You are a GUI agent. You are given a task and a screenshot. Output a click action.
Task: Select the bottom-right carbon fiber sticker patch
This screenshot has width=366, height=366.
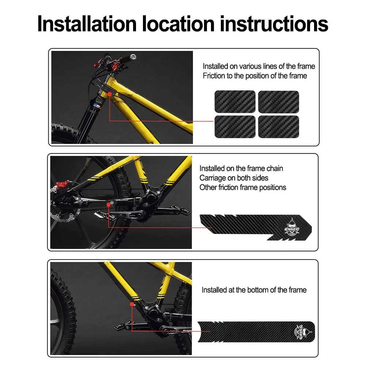(x=279, y=126)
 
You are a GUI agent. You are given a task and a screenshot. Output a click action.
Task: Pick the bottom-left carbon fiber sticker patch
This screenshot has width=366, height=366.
(x=234, y=126)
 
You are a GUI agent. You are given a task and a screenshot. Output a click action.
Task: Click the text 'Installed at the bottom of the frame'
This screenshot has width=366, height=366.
(x=254, y=290)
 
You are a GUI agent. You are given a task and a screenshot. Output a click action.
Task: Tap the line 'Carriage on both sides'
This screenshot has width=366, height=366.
(x=234, y=178)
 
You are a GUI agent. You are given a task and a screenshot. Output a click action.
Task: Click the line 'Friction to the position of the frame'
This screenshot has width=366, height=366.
(x=255, y=76)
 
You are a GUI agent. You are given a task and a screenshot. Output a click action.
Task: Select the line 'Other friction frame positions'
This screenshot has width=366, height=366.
(x=243, y=188)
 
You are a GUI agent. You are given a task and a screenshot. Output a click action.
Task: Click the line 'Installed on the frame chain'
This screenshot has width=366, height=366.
(x=241, y=169)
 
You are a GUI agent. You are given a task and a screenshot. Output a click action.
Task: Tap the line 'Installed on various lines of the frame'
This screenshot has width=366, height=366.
(x=259, y=66)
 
